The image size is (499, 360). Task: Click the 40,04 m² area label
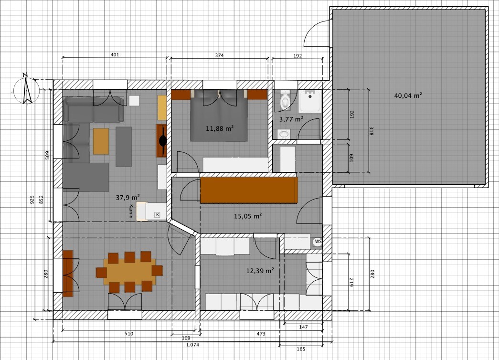[408, 95]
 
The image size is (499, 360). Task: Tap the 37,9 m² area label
[127, 197]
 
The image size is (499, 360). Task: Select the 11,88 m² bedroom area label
[220, 128]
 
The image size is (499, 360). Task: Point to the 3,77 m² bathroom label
[291, 119]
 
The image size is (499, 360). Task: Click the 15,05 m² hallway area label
[248, 216]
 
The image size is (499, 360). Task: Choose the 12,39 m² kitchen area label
[260, 271]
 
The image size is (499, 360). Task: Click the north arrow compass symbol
[26, 89]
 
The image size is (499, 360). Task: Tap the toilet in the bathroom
[285, 99]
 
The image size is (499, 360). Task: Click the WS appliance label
[318, 242]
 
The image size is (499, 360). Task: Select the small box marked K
[157, 214]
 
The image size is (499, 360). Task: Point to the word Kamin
[131, 211]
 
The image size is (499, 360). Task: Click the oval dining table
[129, 272]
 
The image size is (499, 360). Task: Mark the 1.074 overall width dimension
[192, 344]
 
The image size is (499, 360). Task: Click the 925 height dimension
[32, 200]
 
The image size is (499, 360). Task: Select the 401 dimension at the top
[115, 55]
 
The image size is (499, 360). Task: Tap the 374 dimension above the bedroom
[219, 55]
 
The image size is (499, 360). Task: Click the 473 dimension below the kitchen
[261, 334]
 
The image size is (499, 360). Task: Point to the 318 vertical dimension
[371, 131]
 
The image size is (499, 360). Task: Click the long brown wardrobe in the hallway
[249, 190]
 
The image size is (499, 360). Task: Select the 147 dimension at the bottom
[303, 327]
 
